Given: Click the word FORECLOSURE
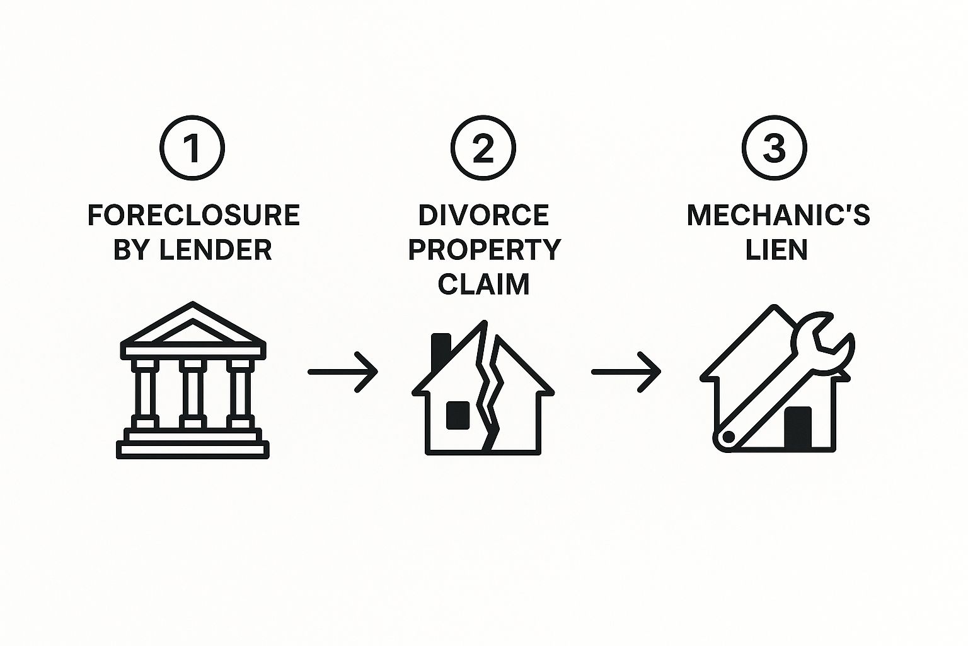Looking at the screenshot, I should coord(193,216).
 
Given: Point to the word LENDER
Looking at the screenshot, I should coord(215,250).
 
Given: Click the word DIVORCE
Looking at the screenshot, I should coord(483,216).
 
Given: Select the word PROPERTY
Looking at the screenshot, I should coord(483,250).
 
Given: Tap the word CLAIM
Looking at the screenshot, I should coord(483,284).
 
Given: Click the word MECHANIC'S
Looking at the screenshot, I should coord(778,216).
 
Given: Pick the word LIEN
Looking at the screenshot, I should coord(776,250).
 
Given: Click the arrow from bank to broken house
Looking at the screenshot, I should coord(342,372).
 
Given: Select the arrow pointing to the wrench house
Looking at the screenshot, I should coord(626,372).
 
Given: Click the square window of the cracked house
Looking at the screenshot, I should coord(458,415).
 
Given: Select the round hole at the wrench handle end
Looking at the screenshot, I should coord(729,437).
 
